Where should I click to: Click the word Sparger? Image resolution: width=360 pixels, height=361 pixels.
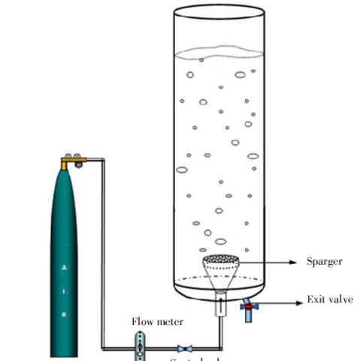[324, 262]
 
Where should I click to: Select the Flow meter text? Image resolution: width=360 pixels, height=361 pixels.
[158, 322]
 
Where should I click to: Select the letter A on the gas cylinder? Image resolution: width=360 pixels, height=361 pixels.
[63, 267]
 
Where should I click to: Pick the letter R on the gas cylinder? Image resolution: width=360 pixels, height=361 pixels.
[63, 314]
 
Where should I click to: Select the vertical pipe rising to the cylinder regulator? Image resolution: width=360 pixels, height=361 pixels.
[103, 248]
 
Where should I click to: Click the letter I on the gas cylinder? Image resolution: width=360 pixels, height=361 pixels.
[63, 290]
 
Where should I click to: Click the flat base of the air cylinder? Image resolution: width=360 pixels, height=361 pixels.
[65, 353]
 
